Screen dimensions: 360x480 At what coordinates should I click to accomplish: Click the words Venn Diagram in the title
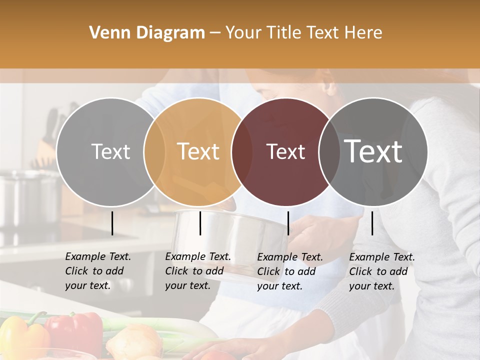147,33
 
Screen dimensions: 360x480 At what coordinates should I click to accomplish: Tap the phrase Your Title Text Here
303,33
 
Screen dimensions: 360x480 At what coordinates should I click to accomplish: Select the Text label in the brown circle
285,152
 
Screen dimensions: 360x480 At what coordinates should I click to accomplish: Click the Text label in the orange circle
198,151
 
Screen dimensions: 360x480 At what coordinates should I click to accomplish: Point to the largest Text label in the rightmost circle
373,151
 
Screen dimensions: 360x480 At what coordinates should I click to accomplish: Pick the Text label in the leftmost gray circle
110,152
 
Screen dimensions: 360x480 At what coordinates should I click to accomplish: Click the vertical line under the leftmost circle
112,223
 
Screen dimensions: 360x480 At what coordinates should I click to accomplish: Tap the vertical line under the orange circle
200,223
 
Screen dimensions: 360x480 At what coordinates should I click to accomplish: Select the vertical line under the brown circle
288,223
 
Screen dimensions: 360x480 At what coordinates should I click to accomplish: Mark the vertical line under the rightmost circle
372,223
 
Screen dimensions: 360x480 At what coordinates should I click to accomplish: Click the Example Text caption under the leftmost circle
97,271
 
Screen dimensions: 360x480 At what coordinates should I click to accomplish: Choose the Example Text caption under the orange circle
197,271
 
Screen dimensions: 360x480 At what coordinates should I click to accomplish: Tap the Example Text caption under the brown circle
289,271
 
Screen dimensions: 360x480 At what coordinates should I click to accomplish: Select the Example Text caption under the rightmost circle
381,271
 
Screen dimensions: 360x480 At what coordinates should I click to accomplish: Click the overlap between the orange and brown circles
242,152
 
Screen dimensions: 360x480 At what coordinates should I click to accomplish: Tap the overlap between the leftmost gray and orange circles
154,152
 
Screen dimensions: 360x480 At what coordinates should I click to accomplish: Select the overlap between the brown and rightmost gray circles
329,152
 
